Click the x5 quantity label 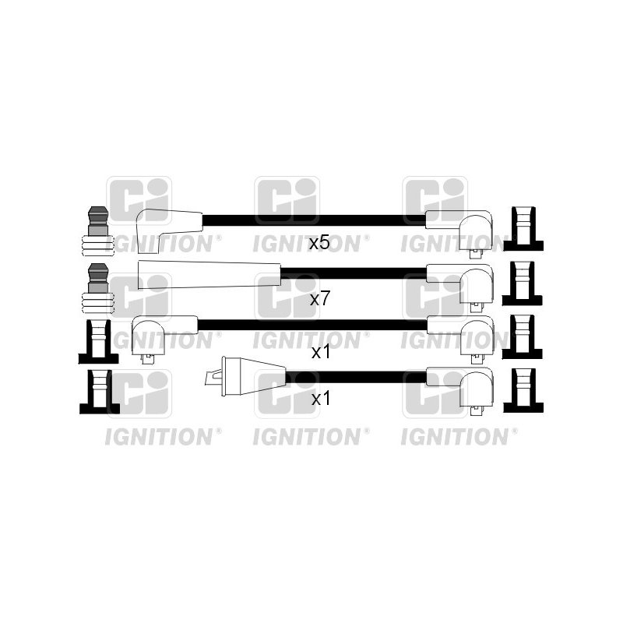tap(319, 243)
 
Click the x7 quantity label tap(319, 299)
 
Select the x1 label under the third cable tap(320, 352)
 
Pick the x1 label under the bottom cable tap(320, 399)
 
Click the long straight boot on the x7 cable tap(209, 275)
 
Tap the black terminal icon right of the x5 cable tap(523, 228)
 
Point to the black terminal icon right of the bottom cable tap(523, 391)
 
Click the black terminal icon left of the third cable tap(99, 342)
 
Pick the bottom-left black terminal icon tap(100, 392)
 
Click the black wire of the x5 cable tap(315, 220)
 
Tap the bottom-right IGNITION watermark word tap(454, 437)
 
